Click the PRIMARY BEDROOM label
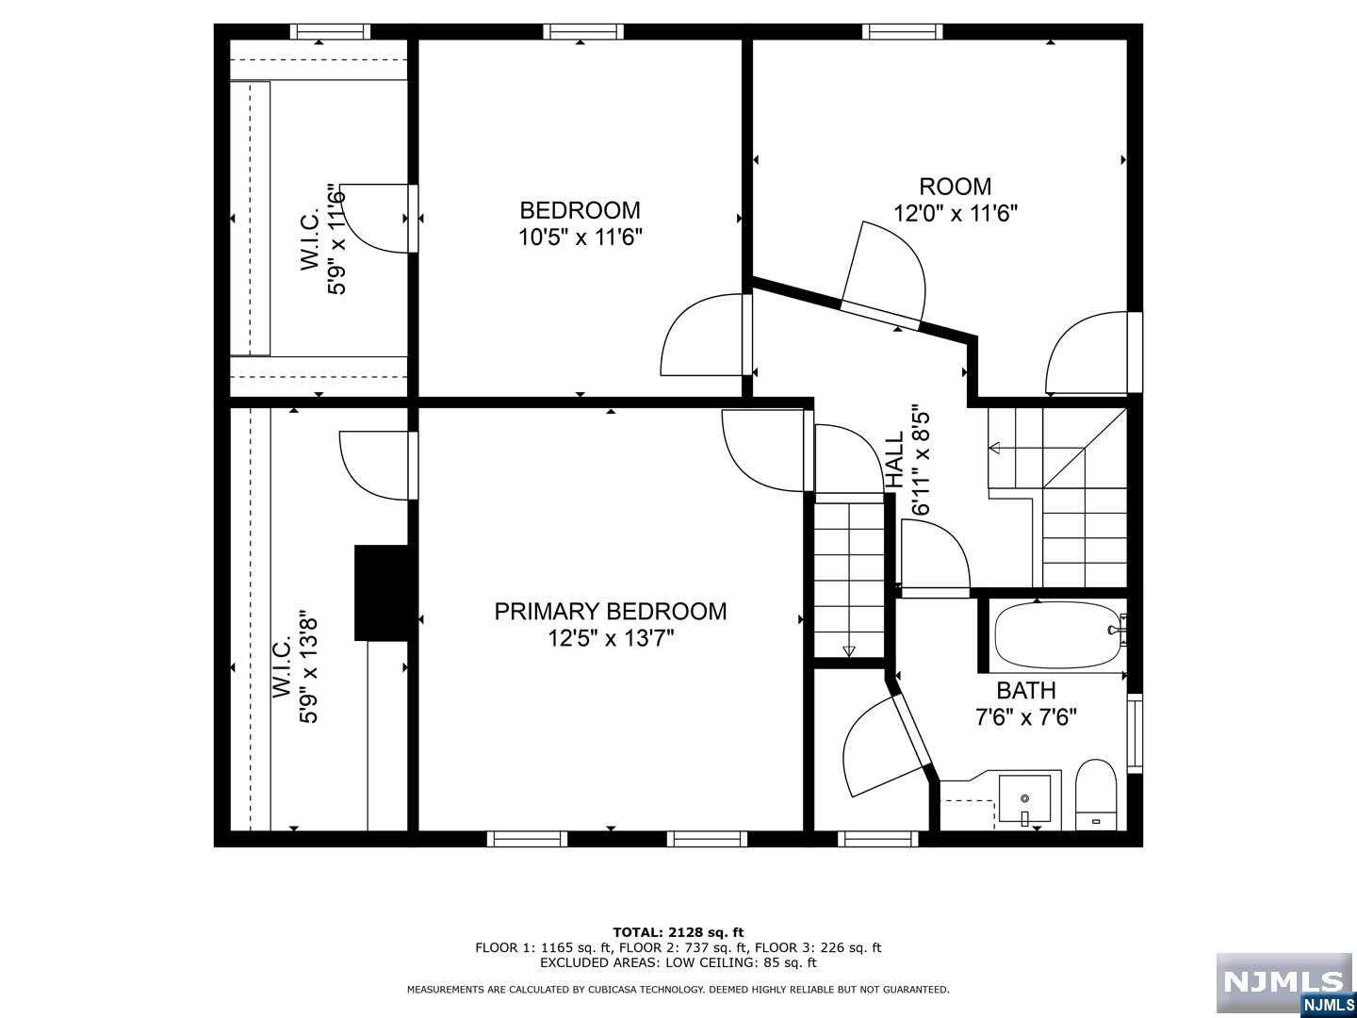click(x=611, y=612)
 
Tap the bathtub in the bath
click(x=1057, y=635)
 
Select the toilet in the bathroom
click(x=1096, y=795)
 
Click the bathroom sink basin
click(x=1025, y=798)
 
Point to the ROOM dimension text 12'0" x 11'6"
click(x=956, y=214)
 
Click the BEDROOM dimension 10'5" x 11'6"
click(x=580, y=237)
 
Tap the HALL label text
click(x=894, y=460)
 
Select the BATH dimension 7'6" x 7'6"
click(x=1025, y=717)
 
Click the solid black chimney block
click(x=381, y=593)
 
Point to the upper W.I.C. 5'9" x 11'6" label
click(x=322, y=239)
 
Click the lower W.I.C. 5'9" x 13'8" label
click(x=296, y=667)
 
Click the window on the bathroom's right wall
click(x=1135, y=733)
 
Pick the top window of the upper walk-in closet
click(x=330, y=31)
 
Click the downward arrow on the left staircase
click(x=849, y=650)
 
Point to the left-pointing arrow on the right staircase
click(x=995, y=448)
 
